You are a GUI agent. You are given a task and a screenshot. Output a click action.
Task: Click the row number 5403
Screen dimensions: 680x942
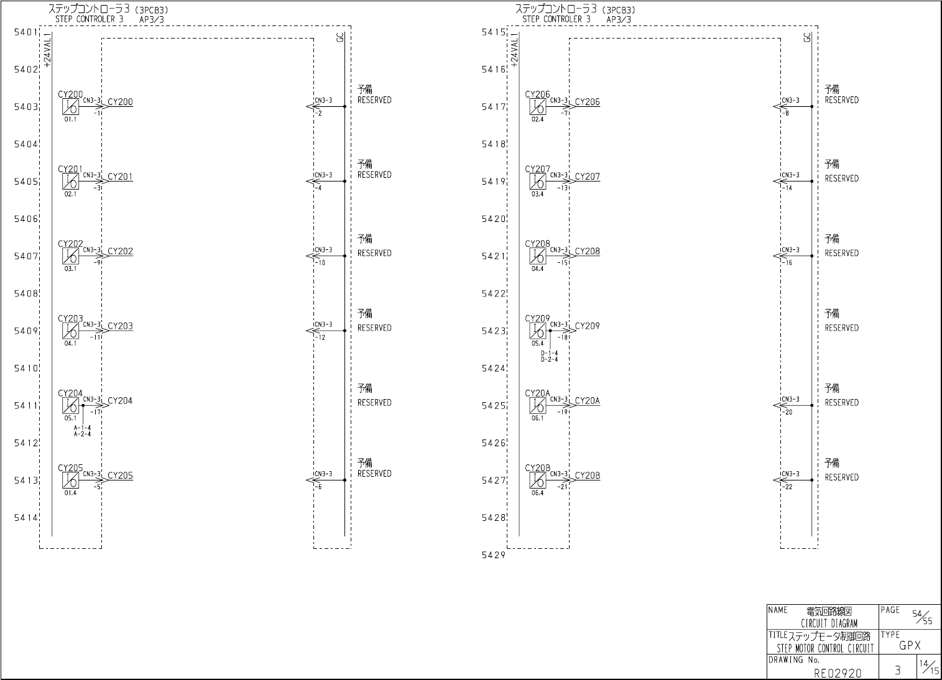26,107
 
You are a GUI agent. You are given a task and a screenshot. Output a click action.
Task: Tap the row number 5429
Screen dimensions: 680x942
494,555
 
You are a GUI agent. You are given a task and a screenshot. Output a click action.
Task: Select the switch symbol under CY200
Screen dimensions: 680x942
70,107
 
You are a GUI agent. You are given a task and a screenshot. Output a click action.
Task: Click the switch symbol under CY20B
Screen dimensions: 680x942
537,480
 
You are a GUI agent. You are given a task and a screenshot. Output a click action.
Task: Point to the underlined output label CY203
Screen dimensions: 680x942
120,326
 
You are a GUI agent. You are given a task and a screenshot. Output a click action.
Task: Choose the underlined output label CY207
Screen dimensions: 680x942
587,177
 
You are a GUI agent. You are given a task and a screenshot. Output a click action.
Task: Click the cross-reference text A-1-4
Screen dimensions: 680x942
82,428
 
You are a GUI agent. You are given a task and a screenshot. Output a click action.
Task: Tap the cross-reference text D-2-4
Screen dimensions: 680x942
549,359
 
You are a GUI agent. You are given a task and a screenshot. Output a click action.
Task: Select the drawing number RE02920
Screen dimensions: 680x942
838,673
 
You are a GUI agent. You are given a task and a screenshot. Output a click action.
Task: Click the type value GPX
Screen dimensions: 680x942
910,646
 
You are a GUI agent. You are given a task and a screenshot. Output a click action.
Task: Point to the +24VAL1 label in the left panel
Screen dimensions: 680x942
47,50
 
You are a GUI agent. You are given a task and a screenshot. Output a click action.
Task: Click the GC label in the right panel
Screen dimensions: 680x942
807,37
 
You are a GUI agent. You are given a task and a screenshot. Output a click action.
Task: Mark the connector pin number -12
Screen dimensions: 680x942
321,338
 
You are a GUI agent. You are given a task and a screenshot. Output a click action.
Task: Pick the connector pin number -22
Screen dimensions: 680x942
788,487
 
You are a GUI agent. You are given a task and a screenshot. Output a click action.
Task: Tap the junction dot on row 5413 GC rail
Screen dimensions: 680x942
344,480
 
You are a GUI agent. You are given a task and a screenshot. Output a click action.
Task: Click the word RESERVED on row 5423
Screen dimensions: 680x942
841,328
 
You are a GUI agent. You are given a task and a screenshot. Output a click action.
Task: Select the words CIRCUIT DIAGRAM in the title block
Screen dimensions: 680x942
829,623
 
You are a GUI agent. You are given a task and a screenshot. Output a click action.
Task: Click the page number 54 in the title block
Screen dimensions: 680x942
917,613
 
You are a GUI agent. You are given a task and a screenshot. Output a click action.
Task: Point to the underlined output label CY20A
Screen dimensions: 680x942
587,401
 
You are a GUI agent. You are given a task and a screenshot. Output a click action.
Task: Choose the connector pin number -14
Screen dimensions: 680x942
788,188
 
